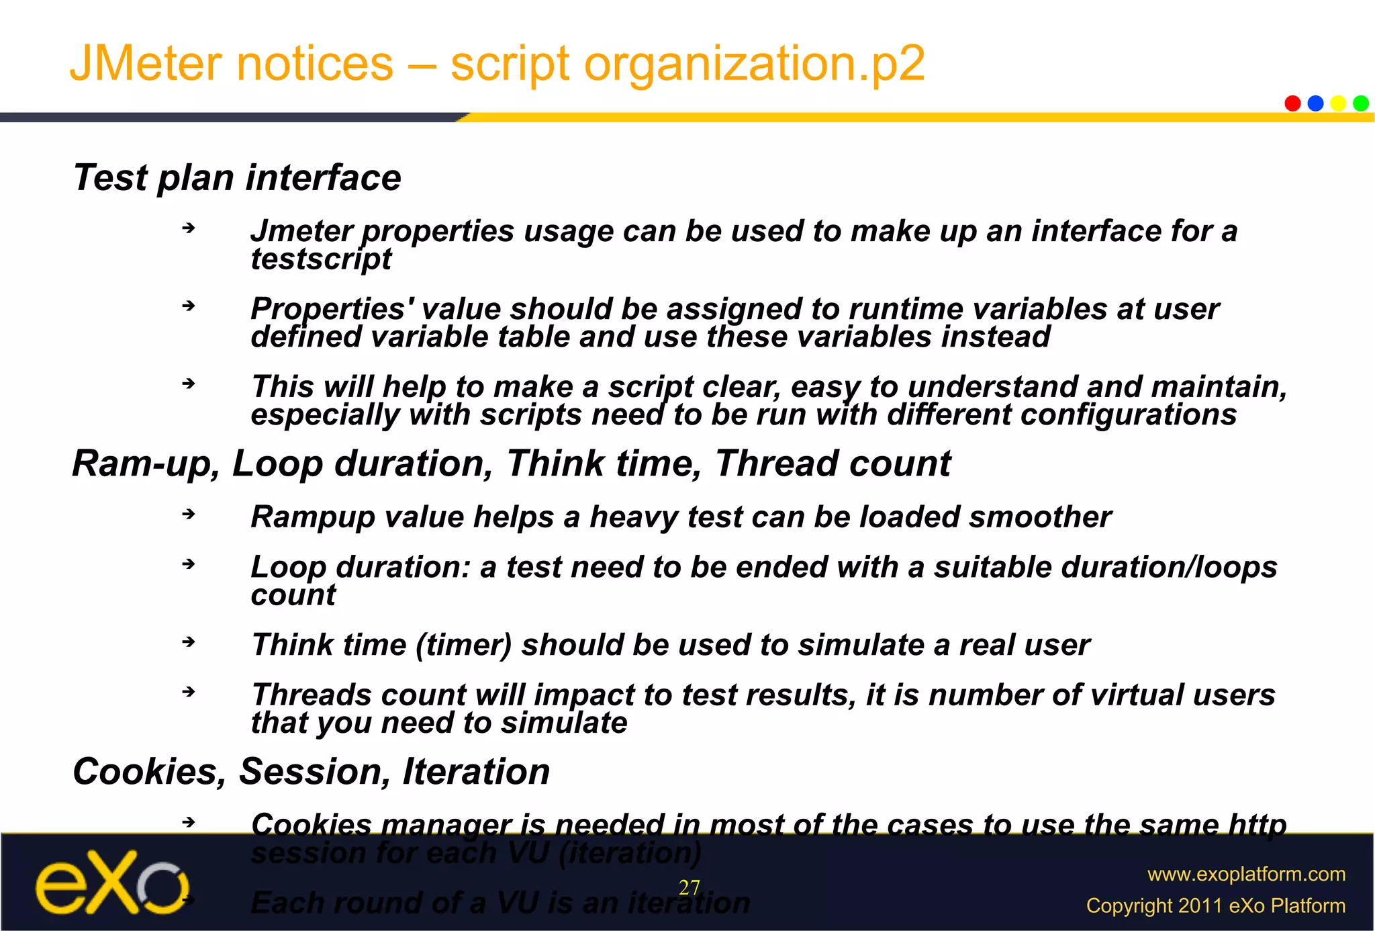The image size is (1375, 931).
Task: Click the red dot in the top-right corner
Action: [x=1292, y=103]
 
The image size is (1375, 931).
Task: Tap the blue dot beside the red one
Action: [x=1315, y=103]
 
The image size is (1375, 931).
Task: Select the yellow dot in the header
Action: [x=1338, y=103]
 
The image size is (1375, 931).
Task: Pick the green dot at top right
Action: [x=1361, y=103]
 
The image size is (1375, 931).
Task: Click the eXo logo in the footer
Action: [x=111, y=883]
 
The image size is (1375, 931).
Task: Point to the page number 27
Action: [x=690, y=888]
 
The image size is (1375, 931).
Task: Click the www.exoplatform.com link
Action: [x=1246, y=874]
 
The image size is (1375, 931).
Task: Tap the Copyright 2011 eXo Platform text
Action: [x=1215, y=905]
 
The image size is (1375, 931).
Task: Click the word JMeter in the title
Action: [x=146, y=64]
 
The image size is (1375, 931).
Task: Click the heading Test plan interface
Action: [x=236, y=178]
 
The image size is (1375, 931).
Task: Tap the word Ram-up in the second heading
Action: [x=146, y=463]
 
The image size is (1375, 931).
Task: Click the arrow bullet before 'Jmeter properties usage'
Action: [x=189, y=228]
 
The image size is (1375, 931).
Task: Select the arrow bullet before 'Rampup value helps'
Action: [x=189, y=515]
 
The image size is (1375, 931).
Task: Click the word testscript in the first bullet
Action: [x=321, y=259]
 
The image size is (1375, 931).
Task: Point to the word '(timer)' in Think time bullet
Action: [x=463, y=645]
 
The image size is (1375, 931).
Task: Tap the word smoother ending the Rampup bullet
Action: [x=1039, y=517]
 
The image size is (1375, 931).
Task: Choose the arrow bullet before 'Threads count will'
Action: [x=189, y=692]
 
